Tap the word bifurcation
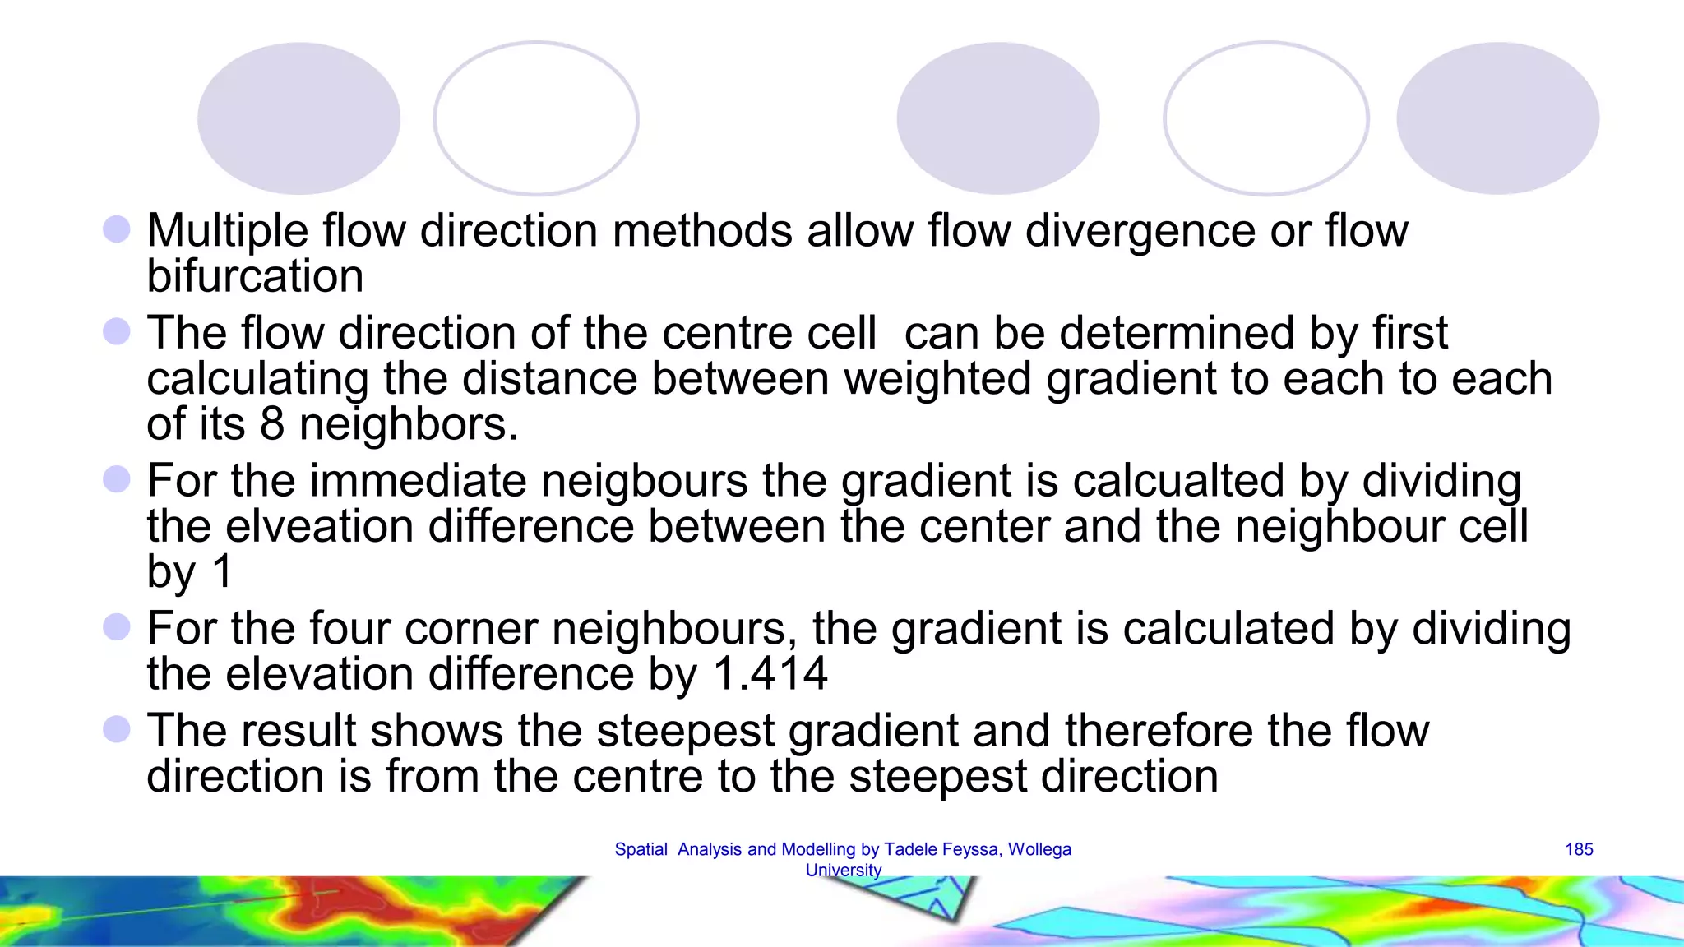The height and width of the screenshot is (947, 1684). coord(255,276)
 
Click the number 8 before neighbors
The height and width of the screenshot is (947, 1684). coord(272,424)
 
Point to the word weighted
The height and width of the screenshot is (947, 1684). coord(937,379)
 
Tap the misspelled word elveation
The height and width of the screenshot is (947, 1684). coord(320,526)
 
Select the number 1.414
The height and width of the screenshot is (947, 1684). coord(770,674)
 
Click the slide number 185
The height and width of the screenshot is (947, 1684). coord(1579,849)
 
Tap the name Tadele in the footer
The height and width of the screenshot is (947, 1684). coord(911,849)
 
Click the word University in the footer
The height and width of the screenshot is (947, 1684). coord(844,870)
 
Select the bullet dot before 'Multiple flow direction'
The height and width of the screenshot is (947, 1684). coord(117,229)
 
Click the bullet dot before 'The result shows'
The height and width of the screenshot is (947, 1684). coord(117,729)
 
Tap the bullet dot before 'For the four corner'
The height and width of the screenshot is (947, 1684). coord(117,627)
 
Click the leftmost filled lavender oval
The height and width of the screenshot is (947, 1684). coord(298,118)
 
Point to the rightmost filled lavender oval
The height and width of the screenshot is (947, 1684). coord(1497,118)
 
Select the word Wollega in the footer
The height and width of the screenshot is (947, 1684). coord(1039,849)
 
